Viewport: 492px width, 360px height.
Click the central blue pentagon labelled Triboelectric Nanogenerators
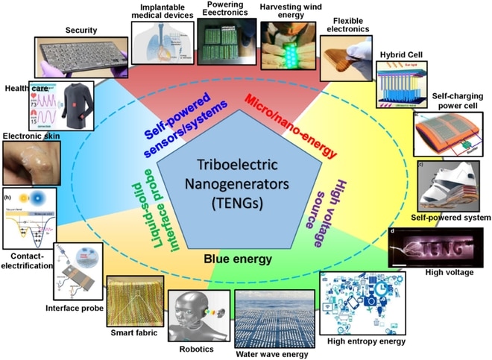point(246,175)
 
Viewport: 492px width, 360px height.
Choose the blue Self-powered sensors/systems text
point(182,123)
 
